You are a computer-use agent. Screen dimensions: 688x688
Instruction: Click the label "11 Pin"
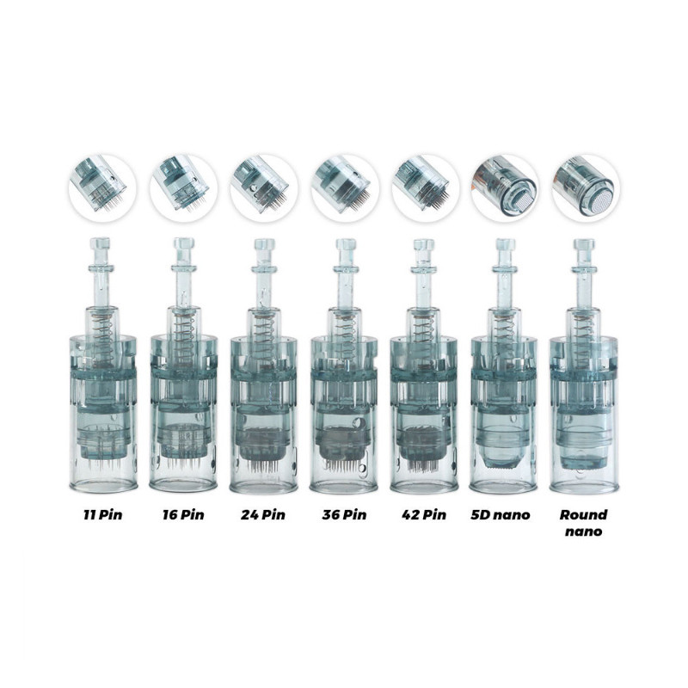(102, 514)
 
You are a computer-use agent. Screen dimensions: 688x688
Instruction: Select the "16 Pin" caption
(183, 514)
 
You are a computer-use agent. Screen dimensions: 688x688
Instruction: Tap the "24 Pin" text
(263, 514)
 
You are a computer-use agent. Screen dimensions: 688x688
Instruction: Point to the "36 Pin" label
(344, 514)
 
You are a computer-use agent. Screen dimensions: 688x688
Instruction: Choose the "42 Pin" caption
(424, 514)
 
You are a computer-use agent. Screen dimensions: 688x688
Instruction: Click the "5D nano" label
(501, 514)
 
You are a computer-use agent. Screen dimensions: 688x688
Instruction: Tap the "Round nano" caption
(584, 523)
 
